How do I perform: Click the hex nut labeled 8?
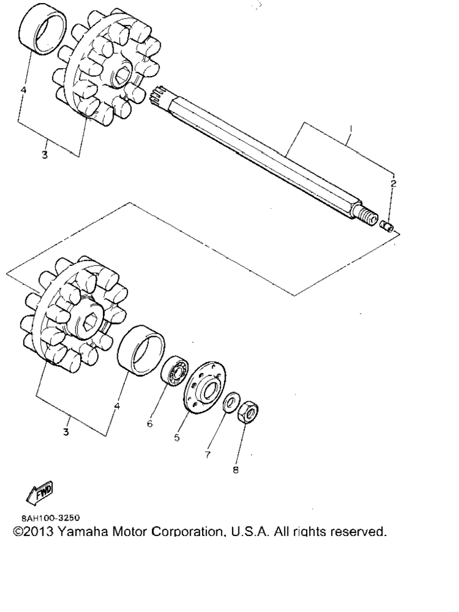247,412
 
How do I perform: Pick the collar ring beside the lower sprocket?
140,350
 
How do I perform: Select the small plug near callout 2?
387,226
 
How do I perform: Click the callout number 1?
351,128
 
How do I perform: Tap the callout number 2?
393,183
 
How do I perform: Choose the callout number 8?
235,470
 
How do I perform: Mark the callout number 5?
177,437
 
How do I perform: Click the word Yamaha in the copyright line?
82,531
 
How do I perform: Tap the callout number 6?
150,423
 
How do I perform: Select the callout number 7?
207,454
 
